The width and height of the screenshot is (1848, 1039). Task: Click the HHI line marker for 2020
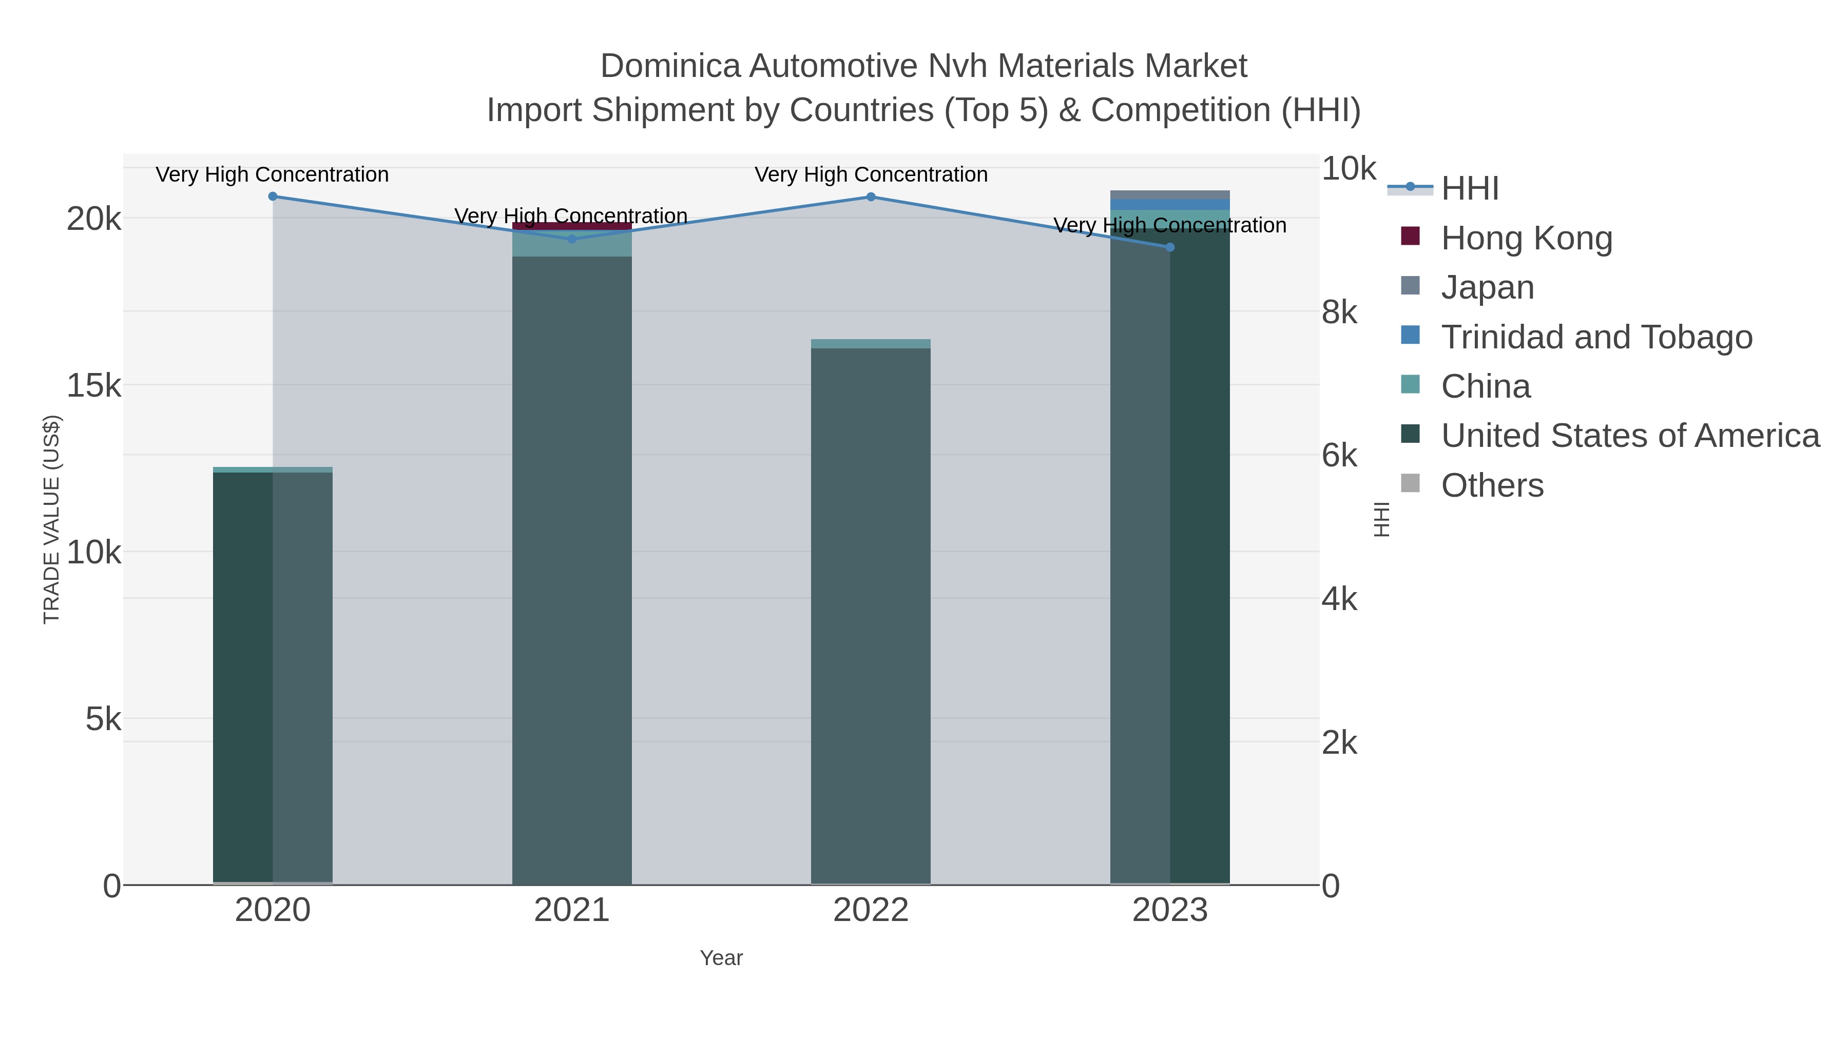(273, 197)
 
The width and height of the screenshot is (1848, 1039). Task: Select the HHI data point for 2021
(572, 240)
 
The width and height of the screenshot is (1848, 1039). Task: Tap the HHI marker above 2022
(871, 197)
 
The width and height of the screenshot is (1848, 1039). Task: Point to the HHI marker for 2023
(1170, 247)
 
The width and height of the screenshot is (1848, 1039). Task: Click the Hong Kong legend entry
(1526, 238)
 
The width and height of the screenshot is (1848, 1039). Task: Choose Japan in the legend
(1487, 287)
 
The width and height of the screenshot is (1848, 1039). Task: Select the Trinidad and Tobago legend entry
(1596, 337)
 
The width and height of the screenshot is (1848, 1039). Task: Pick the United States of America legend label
(1630, 436)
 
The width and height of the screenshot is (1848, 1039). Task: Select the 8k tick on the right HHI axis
(1339, 312)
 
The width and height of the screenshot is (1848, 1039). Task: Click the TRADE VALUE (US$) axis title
(52, 519)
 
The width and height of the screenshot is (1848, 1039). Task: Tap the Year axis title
(721, 958)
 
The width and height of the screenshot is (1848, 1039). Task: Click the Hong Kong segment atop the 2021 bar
(572, 226)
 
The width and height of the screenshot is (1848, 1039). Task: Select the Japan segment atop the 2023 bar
(1170, 194)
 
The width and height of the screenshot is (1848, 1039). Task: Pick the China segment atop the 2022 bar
(871, 343)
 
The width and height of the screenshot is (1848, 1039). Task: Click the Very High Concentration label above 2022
(871, 174)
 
